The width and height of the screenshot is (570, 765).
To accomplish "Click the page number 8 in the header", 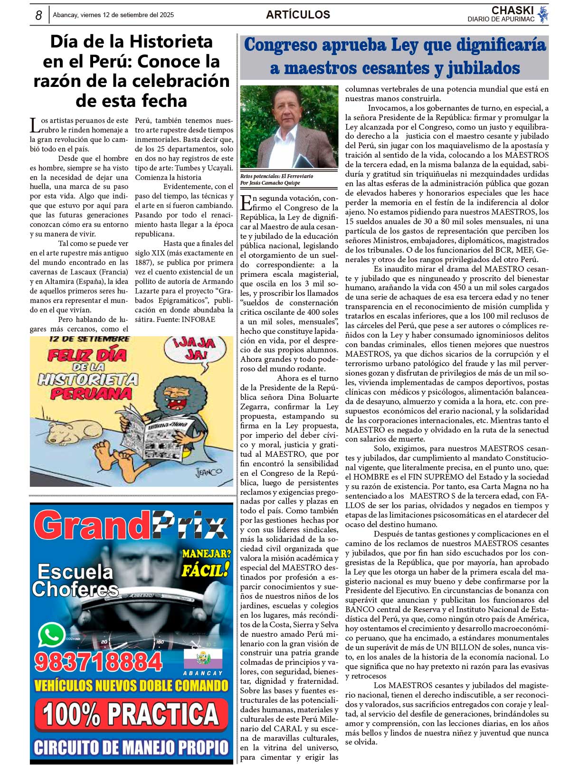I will click(x=39, y=15).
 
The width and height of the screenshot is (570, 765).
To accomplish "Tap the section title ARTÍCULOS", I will click(x=298, y=15).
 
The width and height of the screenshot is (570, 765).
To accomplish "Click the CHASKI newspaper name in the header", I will click(x=513, y=10).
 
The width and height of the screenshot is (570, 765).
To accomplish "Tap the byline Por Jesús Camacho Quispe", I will click(x=270, y=183).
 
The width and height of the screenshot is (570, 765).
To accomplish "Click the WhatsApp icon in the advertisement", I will click(x=51, y=635).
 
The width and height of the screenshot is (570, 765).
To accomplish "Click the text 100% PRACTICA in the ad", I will click(x=130, y=714).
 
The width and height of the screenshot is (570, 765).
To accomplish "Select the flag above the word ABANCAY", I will click(x=203, y=658).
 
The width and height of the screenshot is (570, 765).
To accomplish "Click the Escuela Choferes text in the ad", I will click(x=75, y=580).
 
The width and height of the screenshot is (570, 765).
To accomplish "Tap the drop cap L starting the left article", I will click(x=35, y=125).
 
